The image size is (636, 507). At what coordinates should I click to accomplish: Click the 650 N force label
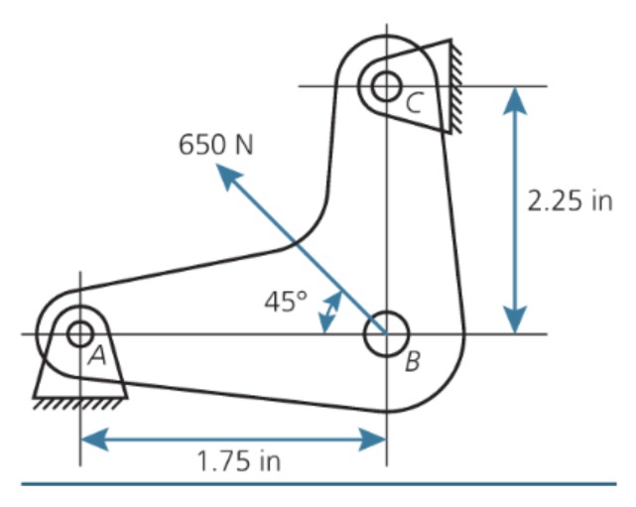(x=215, y=144)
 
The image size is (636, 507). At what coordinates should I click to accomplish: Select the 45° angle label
(x=285, y=302)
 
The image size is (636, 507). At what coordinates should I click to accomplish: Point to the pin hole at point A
(x=79, y=333)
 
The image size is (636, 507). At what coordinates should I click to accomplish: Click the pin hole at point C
(x=385, y=85)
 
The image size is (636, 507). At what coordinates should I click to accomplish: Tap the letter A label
(x=96, y=355)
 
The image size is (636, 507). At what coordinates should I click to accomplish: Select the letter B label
(x=412, y=361)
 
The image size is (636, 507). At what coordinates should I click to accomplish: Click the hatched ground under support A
(x=79, y=403)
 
